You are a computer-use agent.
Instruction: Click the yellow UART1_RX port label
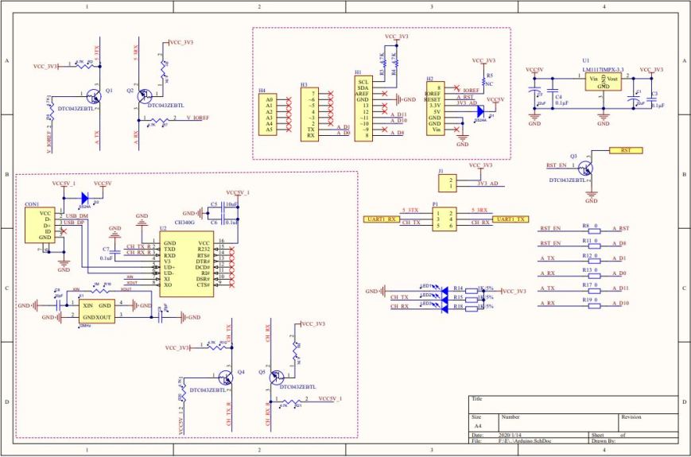pos(380,219)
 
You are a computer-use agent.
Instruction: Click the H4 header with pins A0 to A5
pos(270,115)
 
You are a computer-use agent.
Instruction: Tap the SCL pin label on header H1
pos(363,82)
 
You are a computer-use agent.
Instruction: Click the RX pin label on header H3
pos(311,135)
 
